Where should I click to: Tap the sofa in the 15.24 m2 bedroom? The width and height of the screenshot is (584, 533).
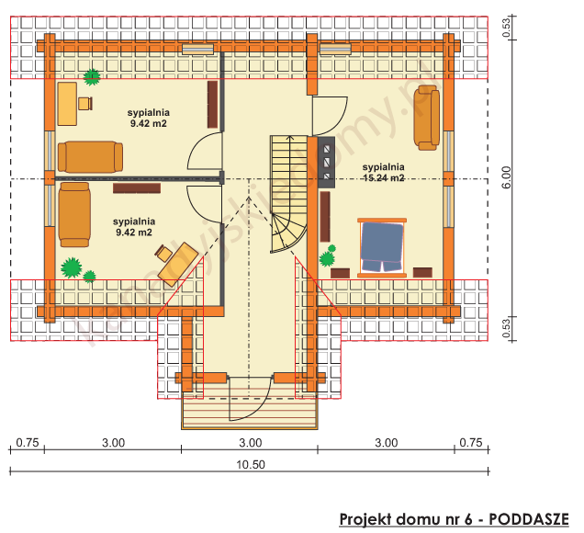pos(426,117)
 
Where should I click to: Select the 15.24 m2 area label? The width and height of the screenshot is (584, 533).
pos(383,178)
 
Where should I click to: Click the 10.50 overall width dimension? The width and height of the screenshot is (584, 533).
pos(250,464)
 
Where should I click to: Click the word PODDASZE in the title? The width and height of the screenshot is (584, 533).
pos(528,519)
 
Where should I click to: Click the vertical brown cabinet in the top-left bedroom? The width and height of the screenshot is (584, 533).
pos(213,104)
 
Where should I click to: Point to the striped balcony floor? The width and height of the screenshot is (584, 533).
pos(250,413)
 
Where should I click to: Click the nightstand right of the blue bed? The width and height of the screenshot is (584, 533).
pos(422,272)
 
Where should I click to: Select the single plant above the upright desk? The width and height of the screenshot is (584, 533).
pos(92,76)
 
